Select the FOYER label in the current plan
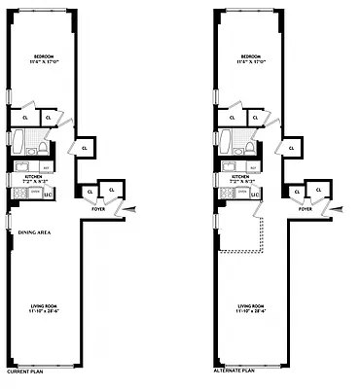(98, 209)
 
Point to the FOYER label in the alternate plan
(306, 209)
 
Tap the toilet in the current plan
(42, 146)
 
